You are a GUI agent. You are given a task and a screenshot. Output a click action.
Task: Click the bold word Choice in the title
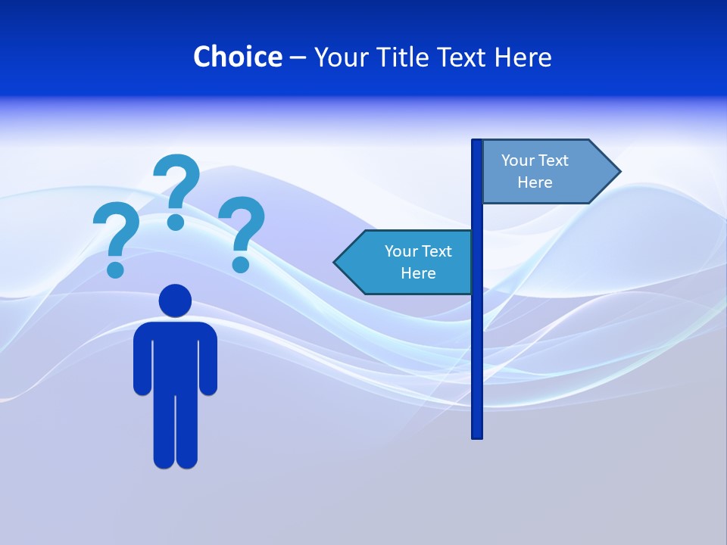click(x=237, y=57)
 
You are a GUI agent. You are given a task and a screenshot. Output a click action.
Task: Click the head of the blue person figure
click(x=175, y=301)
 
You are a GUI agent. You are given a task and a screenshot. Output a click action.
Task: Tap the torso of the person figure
click(x=175, y=356)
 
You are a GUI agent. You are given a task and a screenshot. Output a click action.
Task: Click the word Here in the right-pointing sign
click(x=535, y=182)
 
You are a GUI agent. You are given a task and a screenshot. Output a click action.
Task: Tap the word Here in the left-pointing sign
click(x=418, y=273)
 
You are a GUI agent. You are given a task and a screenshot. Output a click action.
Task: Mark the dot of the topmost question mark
click(x=176, y=222)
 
